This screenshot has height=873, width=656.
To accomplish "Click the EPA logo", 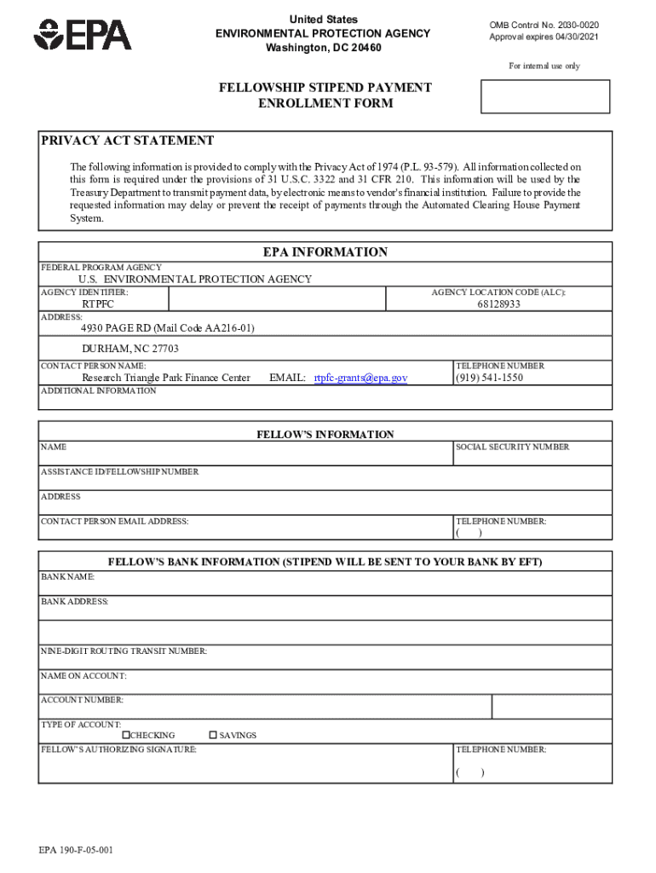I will (83, 35).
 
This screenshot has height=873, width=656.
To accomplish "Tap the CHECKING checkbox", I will (126, 735).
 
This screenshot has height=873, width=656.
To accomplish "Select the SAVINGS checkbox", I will (213, 735).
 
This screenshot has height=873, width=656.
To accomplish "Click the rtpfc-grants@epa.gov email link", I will (360, 378).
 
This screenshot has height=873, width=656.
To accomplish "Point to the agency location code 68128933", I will (498, 304).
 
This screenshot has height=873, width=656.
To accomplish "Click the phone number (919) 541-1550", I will (489, 378).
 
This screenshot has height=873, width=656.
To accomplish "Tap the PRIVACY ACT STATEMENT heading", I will (128, 141).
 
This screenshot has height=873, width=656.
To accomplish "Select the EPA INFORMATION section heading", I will (325, 252).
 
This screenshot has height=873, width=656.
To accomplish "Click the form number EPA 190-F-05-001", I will (76, 851).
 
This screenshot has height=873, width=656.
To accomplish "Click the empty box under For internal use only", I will (545, 96).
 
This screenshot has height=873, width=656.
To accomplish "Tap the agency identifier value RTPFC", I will (98, 304).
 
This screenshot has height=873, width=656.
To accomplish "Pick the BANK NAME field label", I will (68, 577).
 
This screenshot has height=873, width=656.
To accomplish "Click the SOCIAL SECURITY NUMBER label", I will (513, 447).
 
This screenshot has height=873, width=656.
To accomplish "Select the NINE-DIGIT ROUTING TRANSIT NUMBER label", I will (124, 651).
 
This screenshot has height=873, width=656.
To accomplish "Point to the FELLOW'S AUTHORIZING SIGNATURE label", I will (118, 750).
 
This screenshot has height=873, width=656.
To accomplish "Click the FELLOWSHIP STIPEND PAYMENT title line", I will (325, 88).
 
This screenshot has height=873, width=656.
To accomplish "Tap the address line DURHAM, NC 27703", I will (130, 349).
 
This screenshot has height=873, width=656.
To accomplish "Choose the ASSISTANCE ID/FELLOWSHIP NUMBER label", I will (119, 471).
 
